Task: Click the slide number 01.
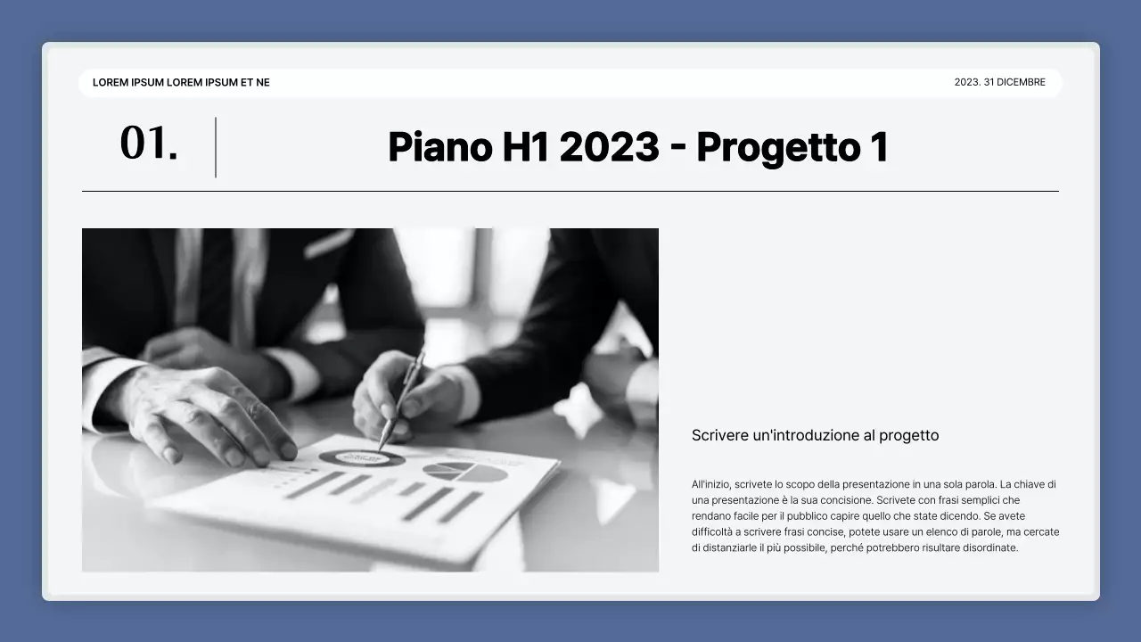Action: coord(148,144)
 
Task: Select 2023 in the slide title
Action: coord(609,147)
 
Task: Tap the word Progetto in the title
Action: coord(776,148)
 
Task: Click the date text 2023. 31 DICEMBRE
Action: coord(999,82)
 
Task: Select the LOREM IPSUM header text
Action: coord(181,82)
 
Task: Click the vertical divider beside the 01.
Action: coord(216,147)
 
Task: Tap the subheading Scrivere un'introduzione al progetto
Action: coord(815,435)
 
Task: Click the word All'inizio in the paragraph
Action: coord(711,484)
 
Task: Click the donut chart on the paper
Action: coord(361,458)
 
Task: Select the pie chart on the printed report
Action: coord(464,472)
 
